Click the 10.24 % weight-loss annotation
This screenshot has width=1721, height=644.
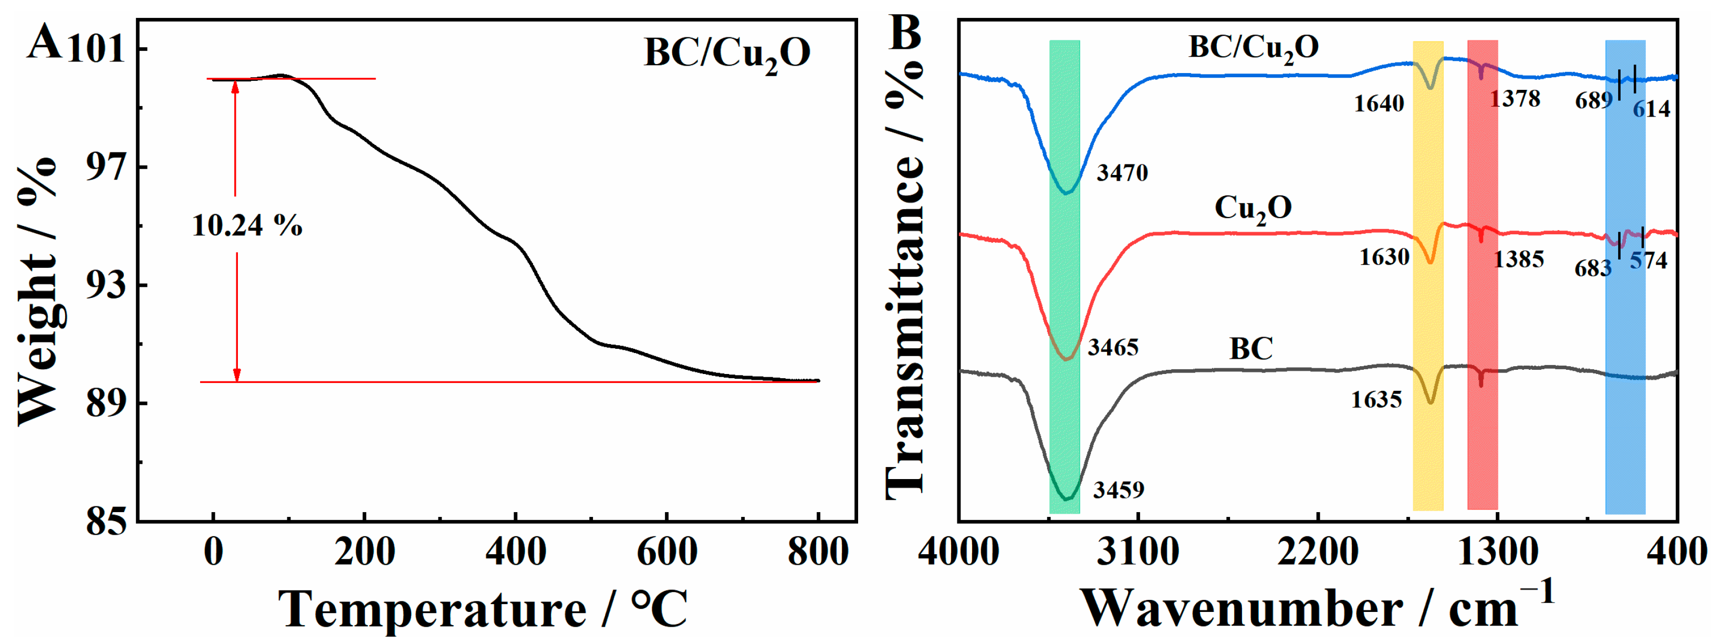pyautogui.click(x=247, y=226)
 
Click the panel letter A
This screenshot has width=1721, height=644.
pyautogui.click(x=44, y=42)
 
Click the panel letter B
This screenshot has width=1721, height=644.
pyautogui.click(x=906, y=32)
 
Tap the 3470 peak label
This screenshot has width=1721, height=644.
pyautogui.click(x=1122, y=173)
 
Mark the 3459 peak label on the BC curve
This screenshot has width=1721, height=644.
pyautogui.click(x=1119, y=490)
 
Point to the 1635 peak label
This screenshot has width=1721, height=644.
pyautogui.click(x=1376, y=400)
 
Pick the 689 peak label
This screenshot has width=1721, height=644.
pyautogui.click(x=1594, y=101)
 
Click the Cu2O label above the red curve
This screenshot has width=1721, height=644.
pyautogui.click(x=1253, y=209)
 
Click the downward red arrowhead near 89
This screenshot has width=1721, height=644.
pyautogui.click(x=236, y=376)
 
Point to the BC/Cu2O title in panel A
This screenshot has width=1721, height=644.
pyautogui.click(x=727, y=54)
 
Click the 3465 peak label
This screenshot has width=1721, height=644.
pyautogui.click(x=1113, y=347)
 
